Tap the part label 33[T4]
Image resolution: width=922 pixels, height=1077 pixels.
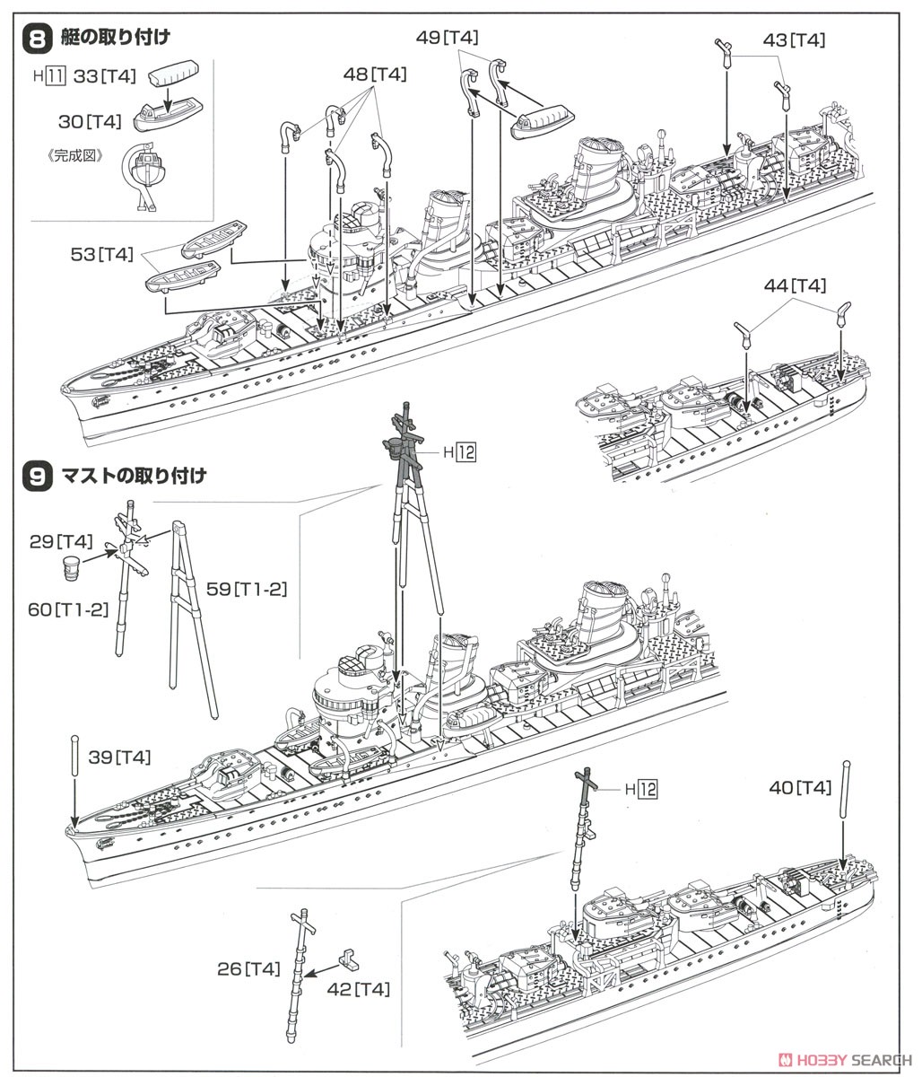tap(105, 76)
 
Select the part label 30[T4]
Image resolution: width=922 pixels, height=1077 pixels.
tap(90, 120)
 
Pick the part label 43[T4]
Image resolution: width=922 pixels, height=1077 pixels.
tap(794, 39)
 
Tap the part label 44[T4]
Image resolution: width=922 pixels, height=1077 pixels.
tap(795, 285)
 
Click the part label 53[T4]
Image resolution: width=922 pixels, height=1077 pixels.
tap(101, 256)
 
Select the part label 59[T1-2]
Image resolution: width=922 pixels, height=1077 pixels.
tap(258, 589)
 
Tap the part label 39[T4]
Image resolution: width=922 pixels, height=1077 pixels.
tap(119, 757)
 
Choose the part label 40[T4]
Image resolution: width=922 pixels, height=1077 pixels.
tap(800, 787)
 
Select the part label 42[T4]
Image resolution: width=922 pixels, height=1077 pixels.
tap(360, 989)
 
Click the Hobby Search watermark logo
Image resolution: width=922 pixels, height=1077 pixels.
tap(842, 1057)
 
